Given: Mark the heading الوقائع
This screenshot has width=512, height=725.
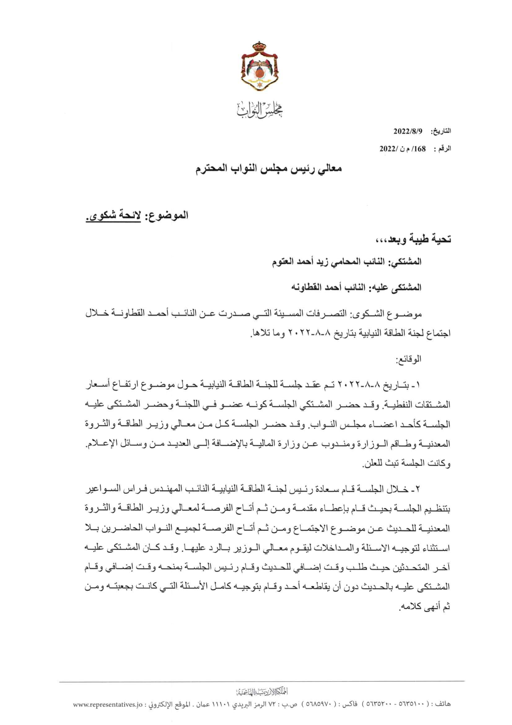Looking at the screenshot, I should (408, 359).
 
